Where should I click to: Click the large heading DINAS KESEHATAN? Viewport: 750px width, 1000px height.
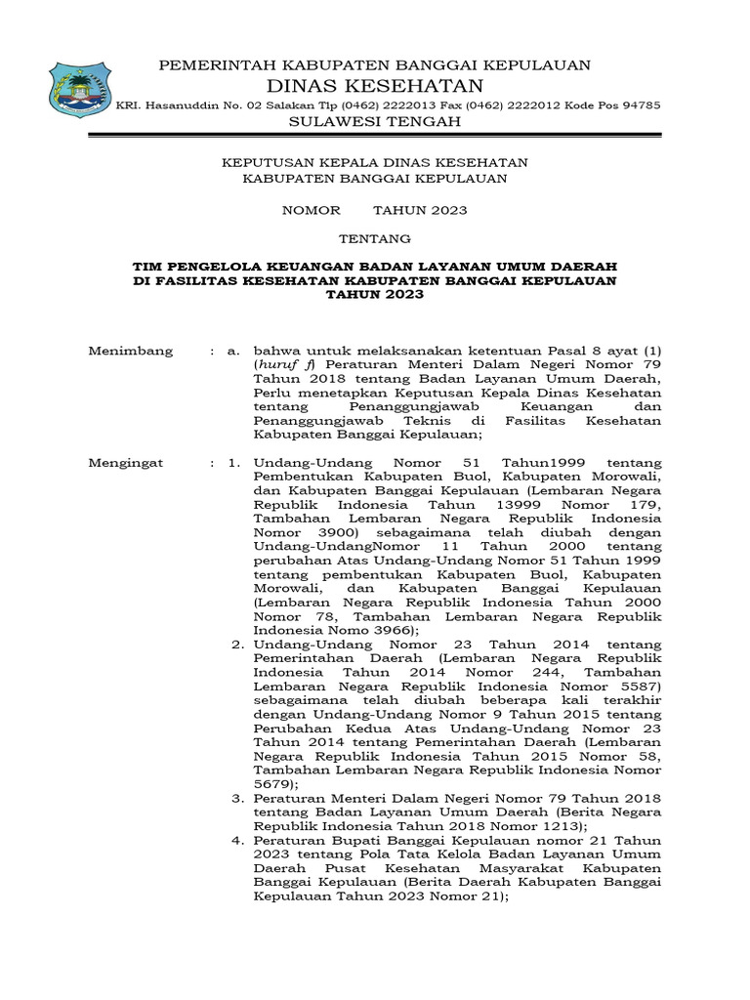pyautogui.click(x=375, y=85)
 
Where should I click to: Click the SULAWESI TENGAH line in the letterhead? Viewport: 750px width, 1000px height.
pyautogui.click(x=375, y=122)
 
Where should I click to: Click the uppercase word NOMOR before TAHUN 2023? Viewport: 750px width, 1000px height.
pyautogui.click(x=312, y=210)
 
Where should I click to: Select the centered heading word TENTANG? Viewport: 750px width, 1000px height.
pyautogui.click(x=375, y=238)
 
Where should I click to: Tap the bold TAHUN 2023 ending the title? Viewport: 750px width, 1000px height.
pyautogui.click(x=375, y=294)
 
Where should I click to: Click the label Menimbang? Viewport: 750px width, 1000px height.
pyautogui.click(x=130, y=351)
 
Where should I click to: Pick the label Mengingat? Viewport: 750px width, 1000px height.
pyautogui.click(x=126, y=462)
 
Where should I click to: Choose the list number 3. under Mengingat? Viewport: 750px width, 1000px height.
pyautogui.click(x=236, y=798)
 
